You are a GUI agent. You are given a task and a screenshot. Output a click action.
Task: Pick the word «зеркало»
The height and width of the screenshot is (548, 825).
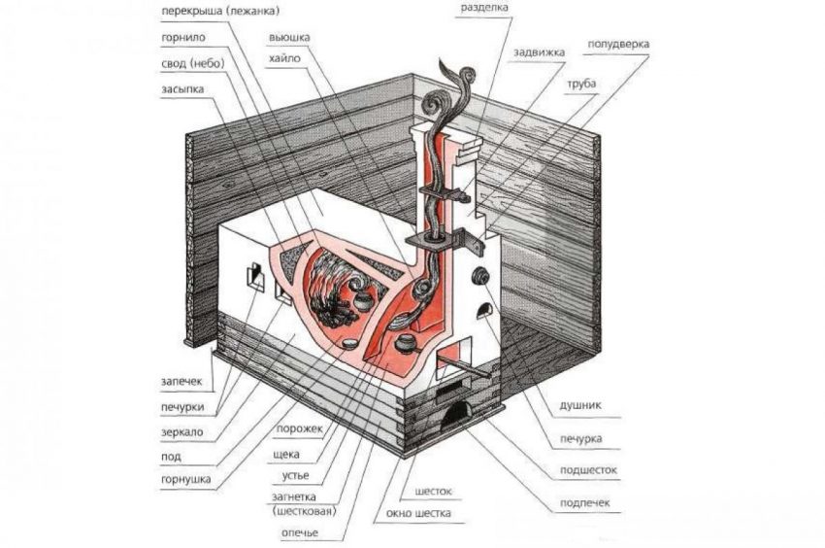pos(181,430)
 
